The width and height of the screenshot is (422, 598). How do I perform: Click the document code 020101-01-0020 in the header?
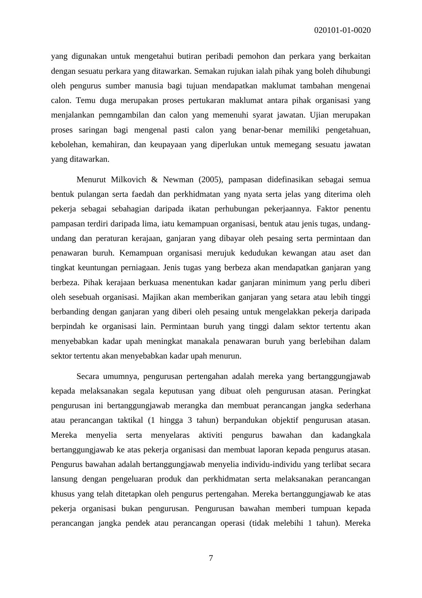pos(342,30)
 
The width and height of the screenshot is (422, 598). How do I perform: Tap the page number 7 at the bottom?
pos(211,558)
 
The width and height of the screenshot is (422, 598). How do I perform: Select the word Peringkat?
pos(354,391)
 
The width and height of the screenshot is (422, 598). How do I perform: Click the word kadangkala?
pos(351,435)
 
